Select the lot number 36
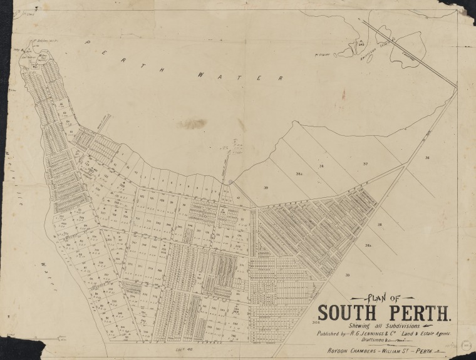427,158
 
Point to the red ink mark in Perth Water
343,95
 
